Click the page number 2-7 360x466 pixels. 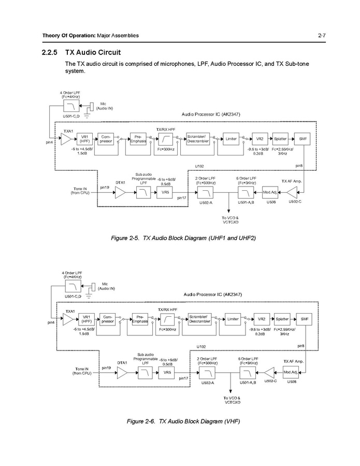click(321, 35)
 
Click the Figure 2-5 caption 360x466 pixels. click(183, 237)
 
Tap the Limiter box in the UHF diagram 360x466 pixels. click(231, 139)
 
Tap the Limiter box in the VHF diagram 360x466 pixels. click(233, 319)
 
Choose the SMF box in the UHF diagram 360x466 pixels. click(302, 139)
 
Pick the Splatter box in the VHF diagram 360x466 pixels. click(282, 319)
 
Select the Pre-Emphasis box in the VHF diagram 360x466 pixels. click(139, 319)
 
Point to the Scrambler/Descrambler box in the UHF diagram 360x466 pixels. click(198, 139)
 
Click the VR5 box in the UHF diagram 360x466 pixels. click(165, 192)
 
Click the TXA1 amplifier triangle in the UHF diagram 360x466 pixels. click(66, 139)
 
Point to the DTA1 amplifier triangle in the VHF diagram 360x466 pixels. click(122, 372)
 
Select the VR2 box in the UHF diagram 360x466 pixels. click(260, 139)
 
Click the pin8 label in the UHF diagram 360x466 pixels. click(299, 166)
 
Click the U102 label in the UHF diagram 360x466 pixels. click(200, 166)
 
